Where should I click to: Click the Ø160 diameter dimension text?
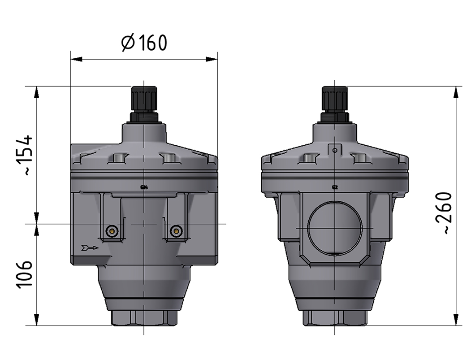point(144,43)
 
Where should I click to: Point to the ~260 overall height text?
point(443,213)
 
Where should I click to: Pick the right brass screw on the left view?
point(177,231)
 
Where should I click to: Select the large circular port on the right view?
point(335,228)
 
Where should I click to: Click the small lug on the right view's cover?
point(334,149)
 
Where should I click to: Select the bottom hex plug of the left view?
point(143,317)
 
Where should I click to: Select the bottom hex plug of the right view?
point(335,317)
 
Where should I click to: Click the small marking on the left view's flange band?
point(144,187)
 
